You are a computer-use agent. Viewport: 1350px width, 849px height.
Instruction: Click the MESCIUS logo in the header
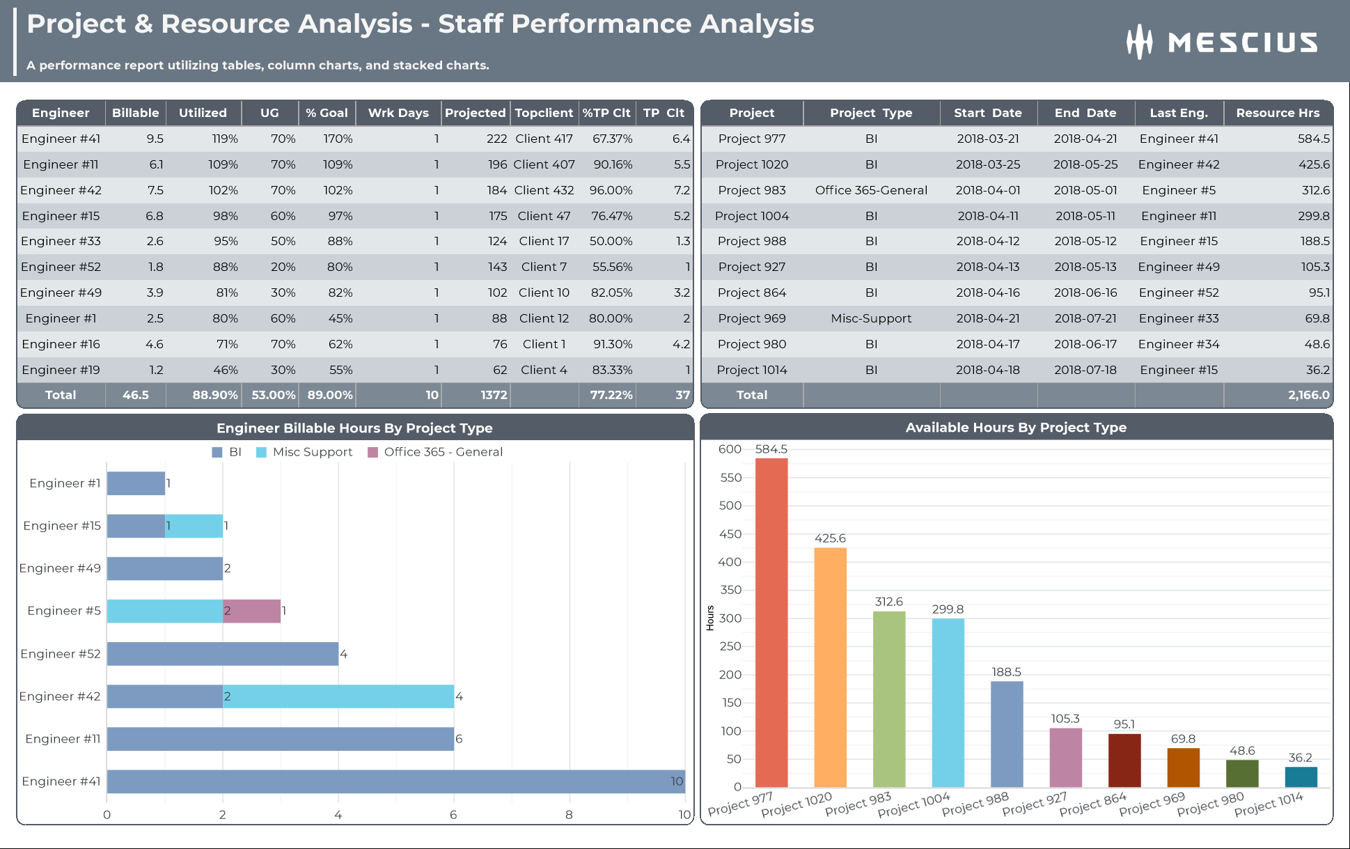[x=1222, y=42]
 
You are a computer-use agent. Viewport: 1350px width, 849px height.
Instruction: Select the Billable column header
[x=135, y=113]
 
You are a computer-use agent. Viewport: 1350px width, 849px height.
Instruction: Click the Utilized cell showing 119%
[x=225, y=139]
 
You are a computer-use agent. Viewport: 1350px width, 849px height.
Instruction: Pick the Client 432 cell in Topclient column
[x=544, y=190]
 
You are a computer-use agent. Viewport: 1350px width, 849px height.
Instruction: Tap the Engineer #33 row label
[x=61, y=241]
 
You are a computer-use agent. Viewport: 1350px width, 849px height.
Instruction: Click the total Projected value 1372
[x=493, y=395]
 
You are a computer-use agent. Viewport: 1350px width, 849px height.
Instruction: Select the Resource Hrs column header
[x=1278, y=113]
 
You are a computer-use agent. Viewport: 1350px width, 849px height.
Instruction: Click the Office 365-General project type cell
[x=871, y=190]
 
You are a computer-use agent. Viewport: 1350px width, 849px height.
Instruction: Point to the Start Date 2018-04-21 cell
[x=987, y=318]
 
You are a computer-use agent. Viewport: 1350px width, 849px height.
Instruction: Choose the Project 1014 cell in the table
[x=751, y=370]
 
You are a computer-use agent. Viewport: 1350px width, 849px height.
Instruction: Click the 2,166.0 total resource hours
[x=1308, y=395]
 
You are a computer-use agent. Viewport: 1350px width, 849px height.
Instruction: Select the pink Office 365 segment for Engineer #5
[x=251, y=611]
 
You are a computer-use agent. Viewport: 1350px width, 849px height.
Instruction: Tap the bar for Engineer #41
[x=395, y=781]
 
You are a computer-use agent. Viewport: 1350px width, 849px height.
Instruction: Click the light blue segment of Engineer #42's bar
[x=338, y=696]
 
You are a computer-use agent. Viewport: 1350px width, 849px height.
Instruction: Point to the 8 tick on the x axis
[x=569, y=815]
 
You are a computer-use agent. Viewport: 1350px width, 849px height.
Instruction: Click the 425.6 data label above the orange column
[x=830, y=538]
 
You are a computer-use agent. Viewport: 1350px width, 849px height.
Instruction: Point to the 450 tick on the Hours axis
[x=730, y=534]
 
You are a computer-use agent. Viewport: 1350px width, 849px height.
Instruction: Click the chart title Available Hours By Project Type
[x=1016, y=428]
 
